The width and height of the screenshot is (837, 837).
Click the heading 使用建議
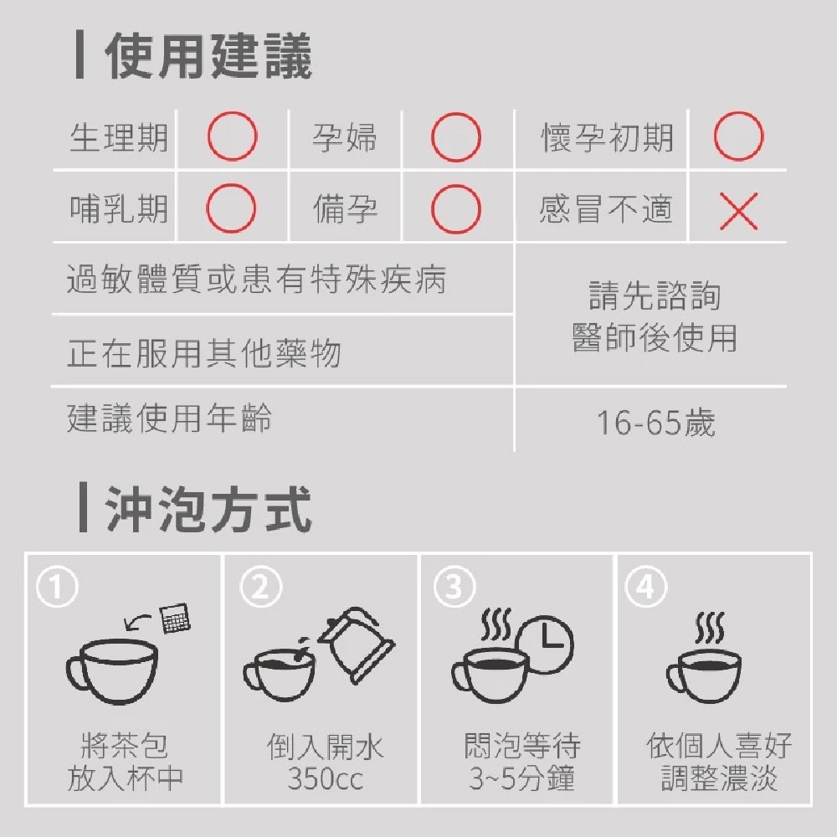[x=208, y=57]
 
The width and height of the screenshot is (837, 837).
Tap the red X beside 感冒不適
[x=738, y=210]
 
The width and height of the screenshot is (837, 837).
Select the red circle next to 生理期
[x=231, y=136]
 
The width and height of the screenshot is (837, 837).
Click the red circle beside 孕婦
[x=455, y=136]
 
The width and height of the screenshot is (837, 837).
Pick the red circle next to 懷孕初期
[x=738, y=136]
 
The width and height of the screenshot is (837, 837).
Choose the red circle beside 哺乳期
[x=231, y=209]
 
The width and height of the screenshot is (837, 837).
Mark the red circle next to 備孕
[x=455, y=209]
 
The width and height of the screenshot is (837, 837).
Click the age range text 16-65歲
[x=655, y=424]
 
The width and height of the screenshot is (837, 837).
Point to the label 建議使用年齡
[x=170, y=418]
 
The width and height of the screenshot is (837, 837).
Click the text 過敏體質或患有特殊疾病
[x=256, y=279]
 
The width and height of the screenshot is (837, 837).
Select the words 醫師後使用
[x=655, y=337]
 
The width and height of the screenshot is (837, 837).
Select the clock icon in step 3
[x=546, y=640]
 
